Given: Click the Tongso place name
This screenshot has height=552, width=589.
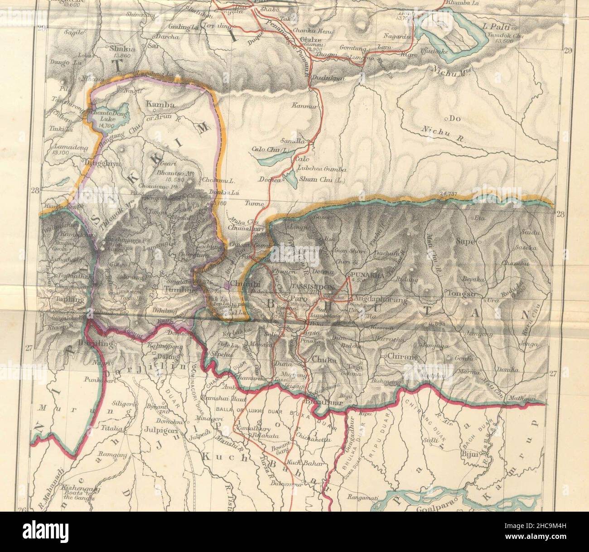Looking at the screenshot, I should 461,294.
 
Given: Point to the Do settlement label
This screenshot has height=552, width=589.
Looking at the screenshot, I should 454,119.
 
